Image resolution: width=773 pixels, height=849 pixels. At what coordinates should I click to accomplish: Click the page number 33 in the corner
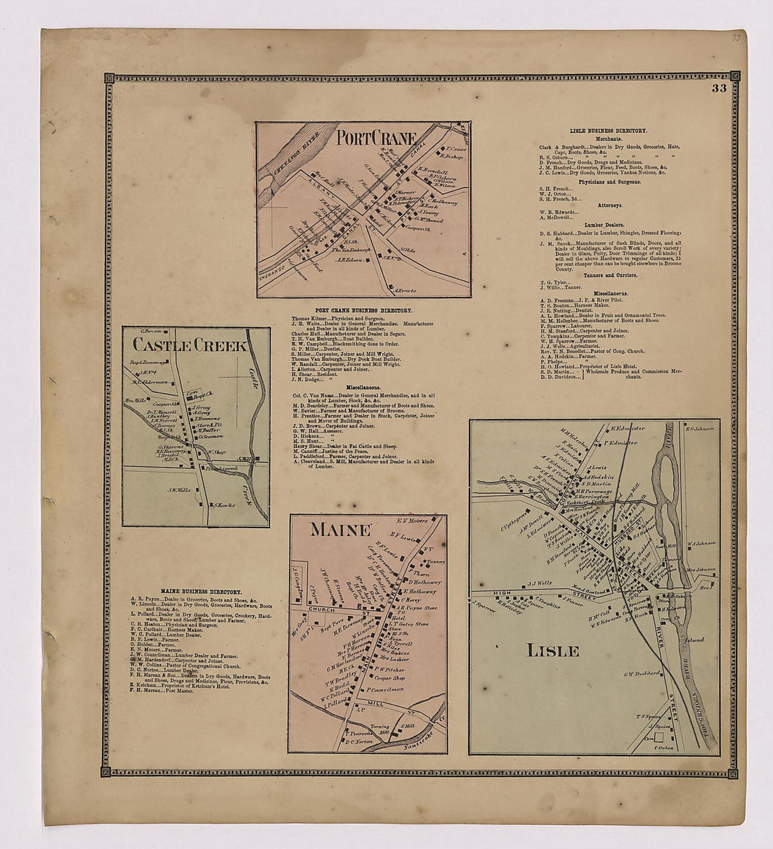718,89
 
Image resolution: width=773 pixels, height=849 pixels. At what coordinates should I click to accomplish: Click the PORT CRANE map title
376,136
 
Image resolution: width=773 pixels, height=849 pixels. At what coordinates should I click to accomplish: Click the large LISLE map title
552,650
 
